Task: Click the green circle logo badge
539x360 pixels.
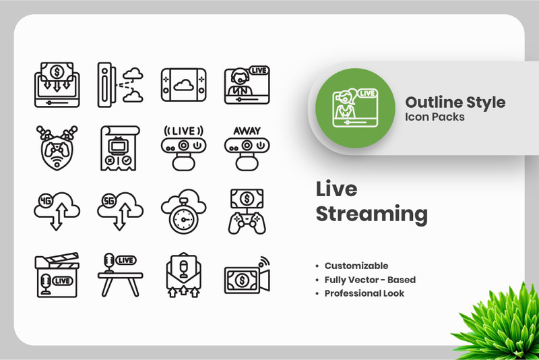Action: click(354, 108)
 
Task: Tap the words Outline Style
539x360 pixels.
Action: click(455, 102)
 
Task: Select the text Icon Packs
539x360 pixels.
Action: click(435, 117)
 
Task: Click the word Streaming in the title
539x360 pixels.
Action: click(371, 214)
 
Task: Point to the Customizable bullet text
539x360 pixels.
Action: click(356, 266)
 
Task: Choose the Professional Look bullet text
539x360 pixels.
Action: click(364, 293)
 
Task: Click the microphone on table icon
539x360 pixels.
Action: click(119, 274)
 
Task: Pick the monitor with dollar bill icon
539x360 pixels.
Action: click(56, 84)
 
